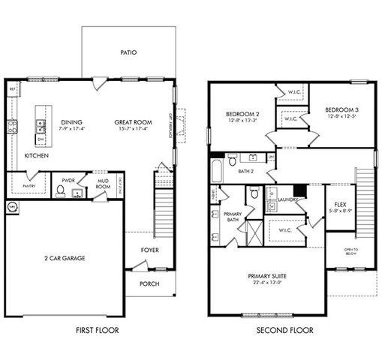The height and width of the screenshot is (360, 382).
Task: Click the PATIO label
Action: pyautogui.click(x=129, y=53)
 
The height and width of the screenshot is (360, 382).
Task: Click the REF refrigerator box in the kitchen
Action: pyautogui.click(x=12, y=88)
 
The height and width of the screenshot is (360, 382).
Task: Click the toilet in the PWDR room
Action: pyautogui.click(x=60, y=191)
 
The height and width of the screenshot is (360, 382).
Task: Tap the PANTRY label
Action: pyautogui.click(x=29, y=185)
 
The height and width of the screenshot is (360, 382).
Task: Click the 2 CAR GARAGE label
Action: pyautogui.click(x=63, y=258)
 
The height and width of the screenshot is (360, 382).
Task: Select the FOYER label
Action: pyautogui.click(x=149, y=250)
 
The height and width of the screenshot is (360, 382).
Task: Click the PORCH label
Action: pyautogui.click(x=149, y=284)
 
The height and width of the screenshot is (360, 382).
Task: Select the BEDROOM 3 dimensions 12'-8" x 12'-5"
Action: pyautogui.click(x=340, y=115)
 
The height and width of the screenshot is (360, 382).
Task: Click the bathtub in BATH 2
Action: pyautogui.click(x=218, y=170)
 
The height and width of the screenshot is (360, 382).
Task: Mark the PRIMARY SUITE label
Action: pyautogui.click(x=268, y=276)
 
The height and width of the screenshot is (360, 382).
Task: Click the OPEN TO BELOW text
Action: pyautogui.click(x=350, y=251)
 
